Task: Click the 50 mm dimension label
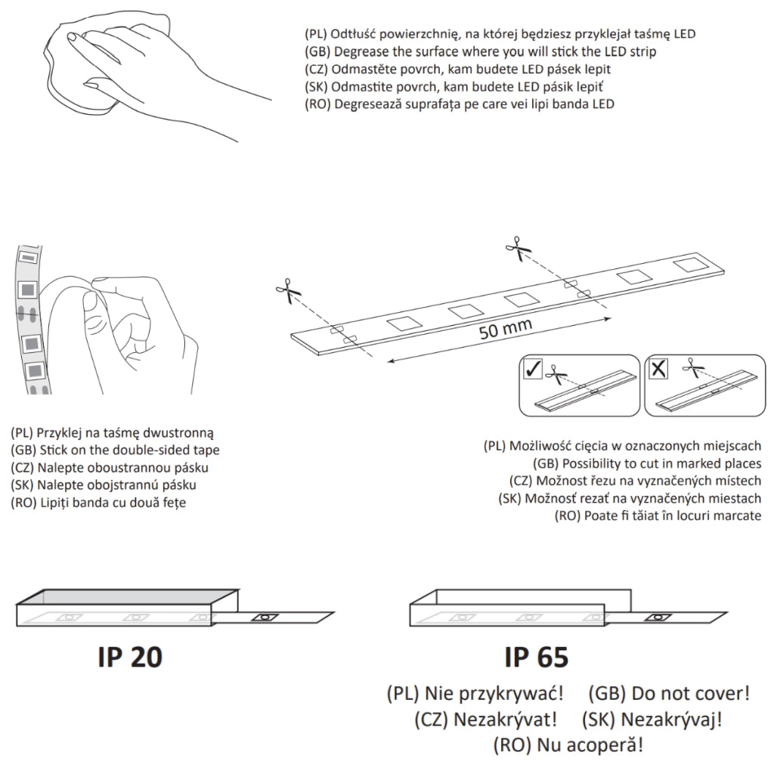click(x=505, y=329)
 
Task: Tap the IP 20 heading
click(x=130, y=657)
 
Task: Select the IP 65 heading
click(x=537, y=657)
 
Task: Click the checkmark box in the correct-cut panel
click(x=533, y=368)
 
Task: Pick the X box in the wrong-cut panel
click(x=658, y=368)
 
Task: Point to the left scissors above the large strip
click(x=288, y=290)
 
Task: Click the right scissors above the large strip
click(x=518, y=248)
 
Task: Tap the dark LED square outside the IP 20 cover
click(x=265, y=617)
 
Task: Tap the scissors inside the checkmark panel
click(x=557, y=375)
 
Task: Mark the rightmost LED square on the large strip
click(x=691, y=265)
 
